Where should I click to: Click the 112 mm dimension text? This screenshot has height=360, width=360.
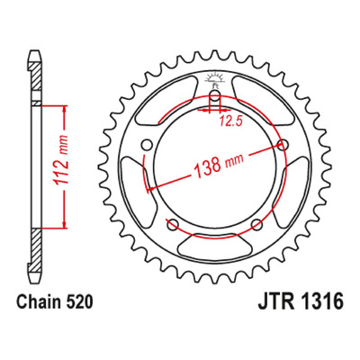[60, 166]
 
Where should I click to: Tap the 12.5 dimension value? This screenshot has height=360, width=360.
[230, 121]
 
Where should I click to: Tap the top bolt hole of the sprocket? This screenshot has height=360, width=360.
[214, 98]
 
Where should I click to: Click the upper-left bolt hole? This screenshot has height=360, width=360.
[147, 145]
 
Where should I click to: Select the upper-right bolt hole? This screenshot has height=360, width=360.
[282, 145]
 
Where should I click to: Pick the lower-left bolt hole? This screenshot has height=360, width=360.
[173, 224]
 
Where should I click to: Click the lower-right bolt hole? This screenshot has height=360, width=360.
[256, 224]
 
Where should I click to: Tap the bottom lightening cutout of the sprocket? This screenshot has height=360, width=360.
[214, 247]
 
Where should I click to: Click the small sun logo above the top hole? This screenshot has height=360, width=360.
[214, 78]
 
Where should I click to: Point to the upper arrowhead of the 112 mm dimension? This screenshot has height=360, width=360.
[64, 110]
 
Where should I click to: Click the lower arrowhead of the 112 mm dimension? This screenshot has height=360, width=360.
[64, 224]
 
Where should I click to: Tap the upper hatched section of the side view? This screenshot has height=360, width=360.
[36, 76]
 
